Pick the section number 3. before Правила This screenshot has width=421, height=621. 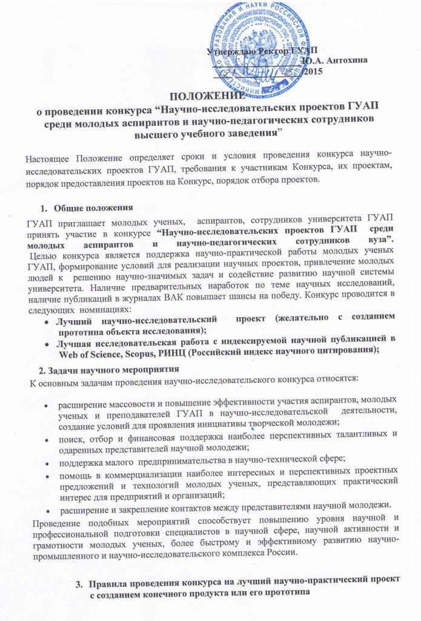click(x=79, y=584)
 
